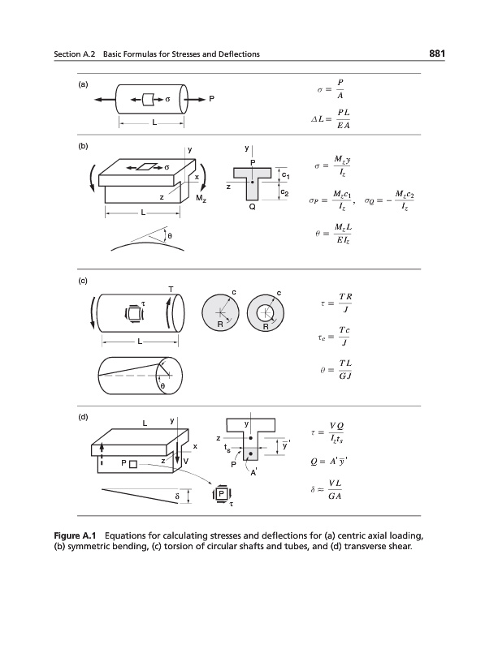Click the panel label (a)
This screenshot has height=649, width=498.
point(83,84)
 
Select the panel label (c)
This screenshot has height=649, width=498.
point(83,282)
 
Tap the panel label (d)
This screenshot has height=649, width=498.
point(83,417)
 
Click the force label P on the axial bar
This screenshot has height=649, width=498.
point(212,99)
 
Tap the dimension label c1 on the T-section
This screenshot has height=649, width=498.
point(286,175)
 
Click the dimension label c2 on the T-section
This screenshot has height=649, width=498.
point(286,191)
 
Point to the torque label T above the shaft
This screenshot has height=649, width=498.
point(170,290)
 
